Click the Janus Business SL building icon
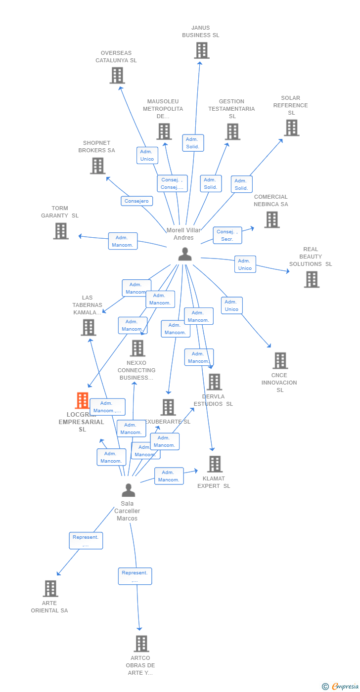coord(201,50)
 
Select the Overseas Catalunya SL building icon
coord(117,76)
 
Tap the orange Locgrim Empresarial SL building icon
coord(82,400)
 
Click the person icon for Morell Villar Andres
coord(185,254)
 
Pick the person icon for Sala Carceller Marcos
coord(129,490)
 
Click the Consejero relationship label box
coord(137,201)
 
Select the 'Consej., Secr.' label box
coord(227,235)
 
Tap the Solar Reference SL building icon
coord(291,128)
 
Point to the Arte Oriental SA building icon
coord(50,589)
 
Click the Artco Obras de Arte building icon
coord(141,644)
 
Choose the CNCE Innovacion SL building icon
coord(280,361)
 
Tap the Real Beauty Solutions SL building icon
coord(312,279)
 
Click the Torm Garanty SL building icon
coord(61,231)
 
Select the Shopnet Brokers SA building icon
coord(98,166)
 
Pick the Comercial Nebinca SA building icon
coord(271,219)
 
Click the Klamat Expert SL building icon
coord(215,464)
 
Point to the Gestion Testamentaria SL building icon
coord(232,131)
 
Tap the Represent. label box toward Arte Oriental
coord(86,541)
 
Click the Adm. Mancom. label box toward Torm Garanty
coord(123,241)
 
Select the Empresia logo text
coord(344,686)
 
